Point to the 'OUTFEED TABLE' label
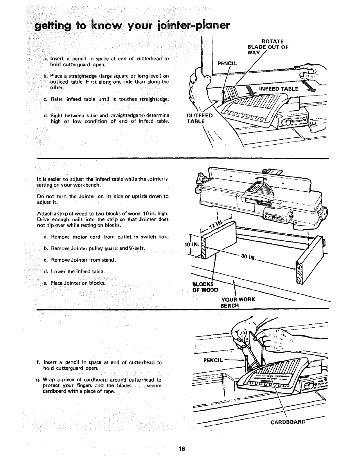click(x=199, y=118)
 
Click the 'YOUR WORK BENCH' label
click(x=238, y=302)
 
